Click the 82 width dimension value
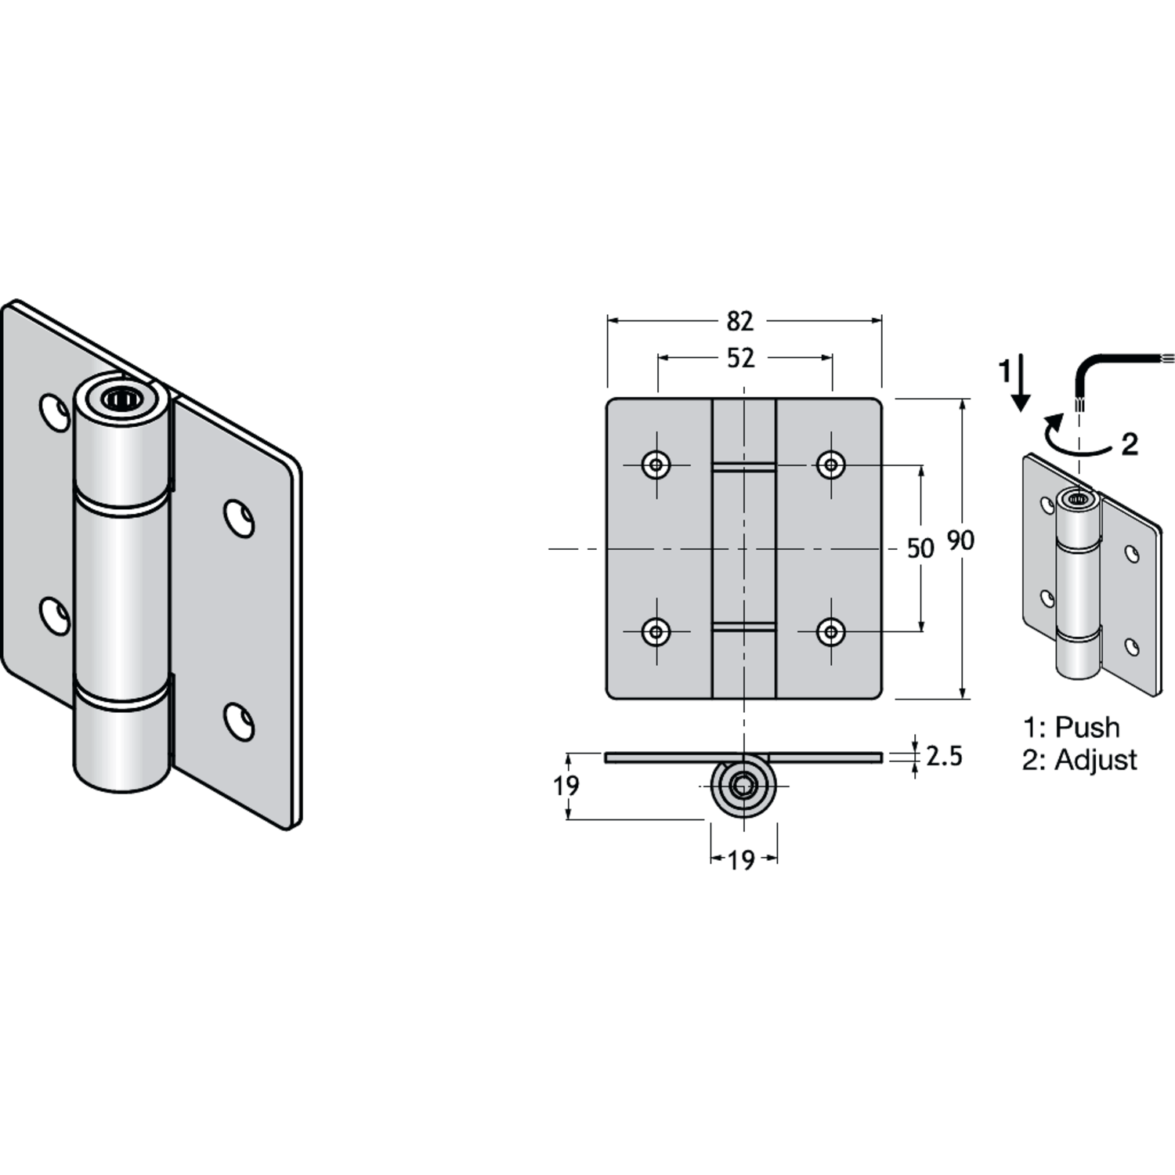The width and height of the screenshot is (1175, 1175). pos(740,321)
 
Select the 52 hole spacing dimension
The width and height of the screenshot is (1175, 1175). pos(741,358)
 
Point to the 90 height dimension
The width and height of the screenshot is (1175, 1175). pos(961,540)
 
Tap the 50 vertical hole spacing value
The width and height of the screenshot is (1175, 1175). pos(920,548)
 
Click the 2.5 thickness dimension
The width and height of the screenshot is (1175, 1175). pos(944,756)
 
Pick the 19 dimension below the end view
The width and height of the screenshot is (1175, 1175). pos(741,861)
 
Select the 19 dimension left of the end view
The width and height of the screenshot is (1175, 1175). pos(566,785)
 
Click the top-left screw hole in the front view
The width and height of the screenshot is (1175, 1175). pos(656,465)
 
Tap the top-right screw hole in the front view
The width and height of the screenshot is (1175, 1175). pos(831,465)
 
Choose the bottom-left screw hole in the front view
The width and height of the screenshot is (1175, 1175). pos(656,631)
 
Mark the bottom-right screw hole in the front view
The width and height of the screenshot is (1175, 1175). pos(831,631)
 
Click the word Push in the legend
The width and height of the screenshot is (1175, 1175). pos(1087,727)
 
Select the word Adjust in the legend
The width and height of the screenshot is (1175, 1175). pos(1096,760)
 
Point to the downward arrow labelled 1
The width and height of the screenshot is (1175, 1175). pos(1020,382)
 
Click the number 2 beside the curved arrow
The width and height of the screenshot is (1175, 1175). pos(1130,445)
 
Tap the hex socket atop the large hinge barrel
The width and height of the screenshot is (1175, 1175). pos(121,399)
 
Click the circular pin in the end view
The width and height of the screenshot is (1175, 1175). pos(743,786)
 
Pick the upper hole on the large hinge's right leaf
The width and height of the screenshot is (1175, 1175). pos(239,518)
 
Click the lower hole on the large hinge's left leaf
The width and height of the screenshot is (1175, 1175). pos(55,616)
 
